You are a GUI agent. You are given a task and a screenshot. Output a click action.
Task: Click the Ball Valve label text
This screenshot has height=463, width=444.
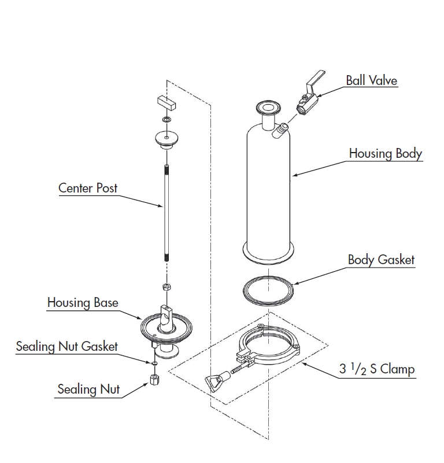pos(371,80)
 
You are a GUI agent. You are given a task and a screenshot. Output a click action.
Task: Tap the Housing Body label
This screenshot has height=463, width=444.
pos(385,154)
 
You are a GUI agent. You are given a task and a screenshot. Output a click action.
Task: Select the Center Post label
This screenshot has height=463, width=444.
pos(88,188)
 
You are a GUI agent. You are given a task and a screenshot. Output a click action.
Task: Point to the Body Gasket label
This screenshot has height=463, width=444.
pos(381,260)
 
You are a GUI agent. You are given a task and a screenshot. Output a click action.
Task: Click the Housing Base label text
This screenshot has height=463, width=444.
pos(83,302)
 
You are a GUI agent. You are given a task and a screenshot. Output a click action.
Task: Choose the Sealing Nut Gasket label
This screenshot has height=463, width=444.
pos(67,346)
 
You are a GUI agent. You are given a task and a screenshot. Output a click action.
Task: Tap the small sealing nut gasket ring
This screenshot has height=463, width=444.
pos(154,363)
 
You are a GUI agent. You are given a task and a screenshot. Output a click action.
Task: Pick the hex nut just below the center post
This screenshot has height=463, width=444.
pos(165,287)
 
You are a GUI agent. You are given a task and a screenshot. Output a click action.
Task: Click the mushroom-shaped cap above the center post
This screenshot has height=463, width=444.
pos(166,139)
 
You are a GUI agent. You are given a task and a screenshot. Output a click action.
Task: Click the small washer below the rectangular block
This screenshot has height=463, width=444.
pos(166,120)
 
